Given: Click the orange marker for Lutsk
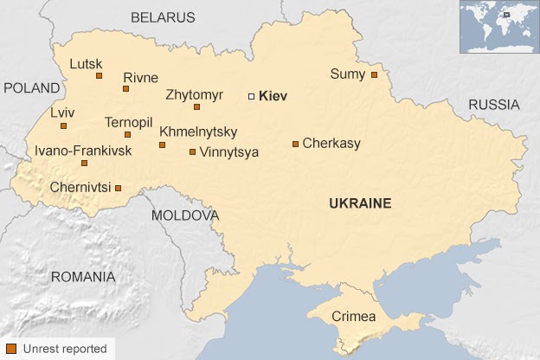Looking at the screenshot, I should tap(100, 76).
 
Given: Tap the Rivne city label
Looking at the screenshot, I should tap(140, 77).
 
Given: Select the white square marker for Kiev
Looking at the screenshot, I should tap(252, 96).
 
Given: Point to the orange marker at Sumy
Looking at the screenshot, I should tap(374, 74).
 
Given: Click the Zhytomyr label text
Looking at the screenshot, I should tap(194, 93).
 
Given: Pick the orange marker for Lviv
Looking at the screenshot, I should tap(63, 125).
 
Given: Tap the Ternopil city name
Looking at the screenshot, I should tap(129, 122).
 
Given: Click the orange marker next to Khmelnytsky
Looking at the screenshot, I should tap(162, 145).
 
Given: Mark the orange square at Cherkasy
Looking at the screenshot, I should tap(295, 144).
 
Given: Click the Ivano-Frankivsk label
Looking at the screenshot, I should tap(83, 151).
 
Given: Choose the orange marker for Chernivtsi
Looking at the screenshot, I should tap(119, 188).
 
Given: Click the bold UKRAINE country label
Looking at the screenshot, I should tap(360, 203).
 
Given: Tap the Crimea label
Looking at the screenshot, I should tap(354, 317).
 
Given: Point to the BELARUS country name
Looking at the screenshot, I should tap(163, 17).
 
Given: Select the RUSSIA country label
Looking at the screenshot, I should tap(494, 105).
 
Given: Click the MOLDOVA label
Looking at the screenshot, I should tap(185, 215).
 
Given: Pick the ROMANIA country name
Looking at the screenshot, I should tap(82, 277).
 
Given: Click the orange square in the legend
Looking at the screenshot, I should tap(10, 349).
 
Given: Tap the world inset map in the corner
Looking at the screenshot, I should tap(498, 27).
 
